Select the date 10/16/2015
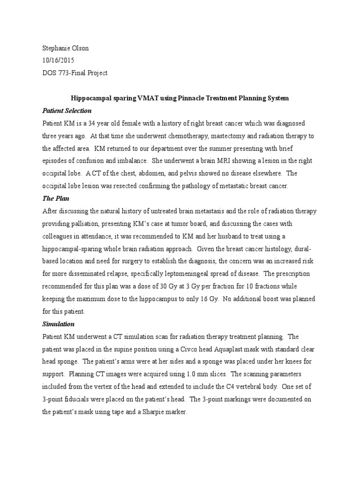point(58,60)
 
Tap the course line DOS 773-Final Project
point(75,73)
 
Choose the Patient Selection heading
point(67,111)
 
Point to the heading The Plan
point(56,198)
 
